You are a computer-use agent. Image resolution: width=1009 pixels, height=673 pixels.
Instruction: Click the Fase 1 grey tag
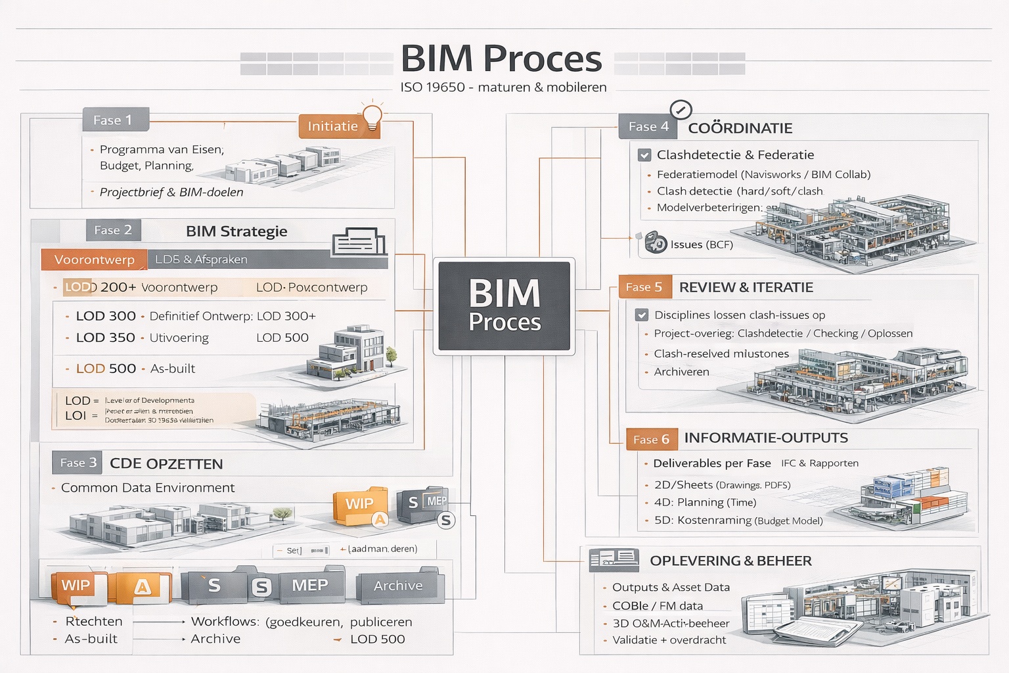point(116,120)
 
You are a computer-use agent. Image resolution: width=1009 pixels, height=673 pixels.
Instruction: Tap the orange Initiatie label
point(332,126)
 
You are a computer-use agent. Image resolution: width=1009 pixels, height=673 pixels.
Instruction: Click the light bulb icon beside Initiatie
point(372,116)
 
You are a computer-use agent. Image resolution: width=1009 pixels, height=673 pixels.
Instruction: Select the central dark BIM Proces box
point(504,306)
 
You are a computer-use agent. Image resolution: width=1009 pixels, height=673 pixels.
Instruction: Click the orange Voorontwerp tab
point(93,260)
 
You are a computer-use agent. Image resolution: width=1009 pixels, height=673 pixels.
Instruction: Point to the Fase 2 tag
point(113,230)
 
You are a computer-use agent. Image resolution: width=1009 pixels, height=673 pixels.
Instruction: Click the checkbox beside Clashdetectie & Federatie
point(644,155)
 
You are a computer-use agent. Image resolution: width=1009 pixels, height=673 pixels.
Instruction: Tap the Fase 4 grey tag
point(648,126)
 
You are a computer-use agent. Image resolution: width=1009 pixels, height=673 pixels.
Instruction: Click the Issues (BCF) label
point(701,244)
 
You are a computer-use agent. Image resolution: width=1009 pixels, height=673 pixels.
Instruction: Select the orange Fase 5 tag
point(644,287)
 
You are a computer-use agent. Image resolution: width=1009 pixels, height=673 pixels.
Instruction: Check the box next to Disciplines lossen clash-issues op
point(642,315)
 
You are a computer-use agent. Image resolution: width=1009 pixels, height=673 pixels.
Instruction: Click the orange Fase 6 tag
point(650,439)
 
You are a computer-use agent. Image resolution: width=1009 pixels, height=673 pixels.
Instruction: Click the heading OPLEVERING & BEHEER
point(730,561)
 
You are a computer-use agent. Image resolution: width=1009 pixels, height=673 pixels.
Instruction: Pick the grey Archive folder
point(398,586)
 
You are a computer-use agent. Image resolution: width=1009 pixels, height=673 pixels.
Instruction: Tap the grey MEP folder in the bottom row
point(310,586)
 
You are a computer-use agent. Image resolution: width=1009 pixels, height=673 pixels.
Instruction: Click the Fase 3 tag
point(78,463)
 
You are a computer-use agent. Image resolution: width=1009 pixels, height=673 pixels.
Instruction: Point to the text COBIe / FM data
point(658,606)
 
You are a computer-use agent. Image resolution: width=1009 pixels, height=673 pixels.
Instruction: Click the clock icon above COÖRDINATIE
point(681,109)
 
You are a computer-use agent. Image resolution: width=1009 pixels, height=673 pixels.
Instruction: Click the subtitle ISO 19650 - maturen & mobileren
point(503,87)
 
